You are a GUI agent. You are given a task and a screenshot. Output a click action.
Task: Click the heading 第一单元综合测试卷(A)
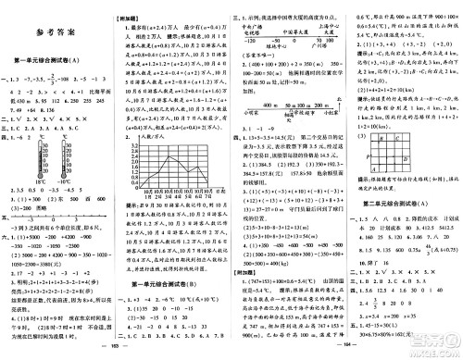(x=57, y=61)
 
